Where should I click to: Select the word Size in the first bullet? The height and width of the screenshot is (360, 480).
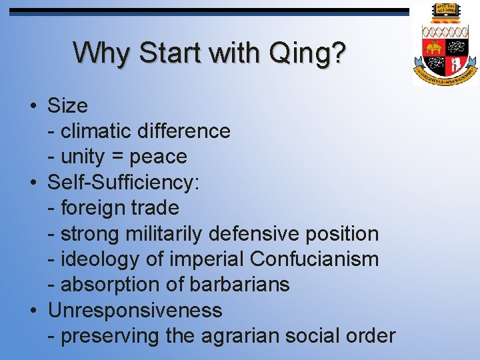coord(67,106)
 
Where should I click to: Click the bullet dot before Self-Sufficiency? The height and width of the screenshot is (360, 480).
coord(33,183)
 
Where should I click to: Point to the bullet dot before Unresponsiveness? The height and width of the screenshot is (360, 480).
coord(33,311)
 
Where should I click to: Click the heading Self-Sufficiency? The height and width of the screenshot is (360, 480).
coord(124,183)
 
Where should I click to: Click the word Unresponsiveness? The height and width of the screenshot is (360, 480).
coord(135,311)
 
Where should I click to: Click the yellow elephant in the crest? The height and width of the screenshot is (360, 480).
coord(434,49)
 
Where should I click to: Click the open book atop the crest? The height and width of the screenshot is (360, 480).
coord(445,10)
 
